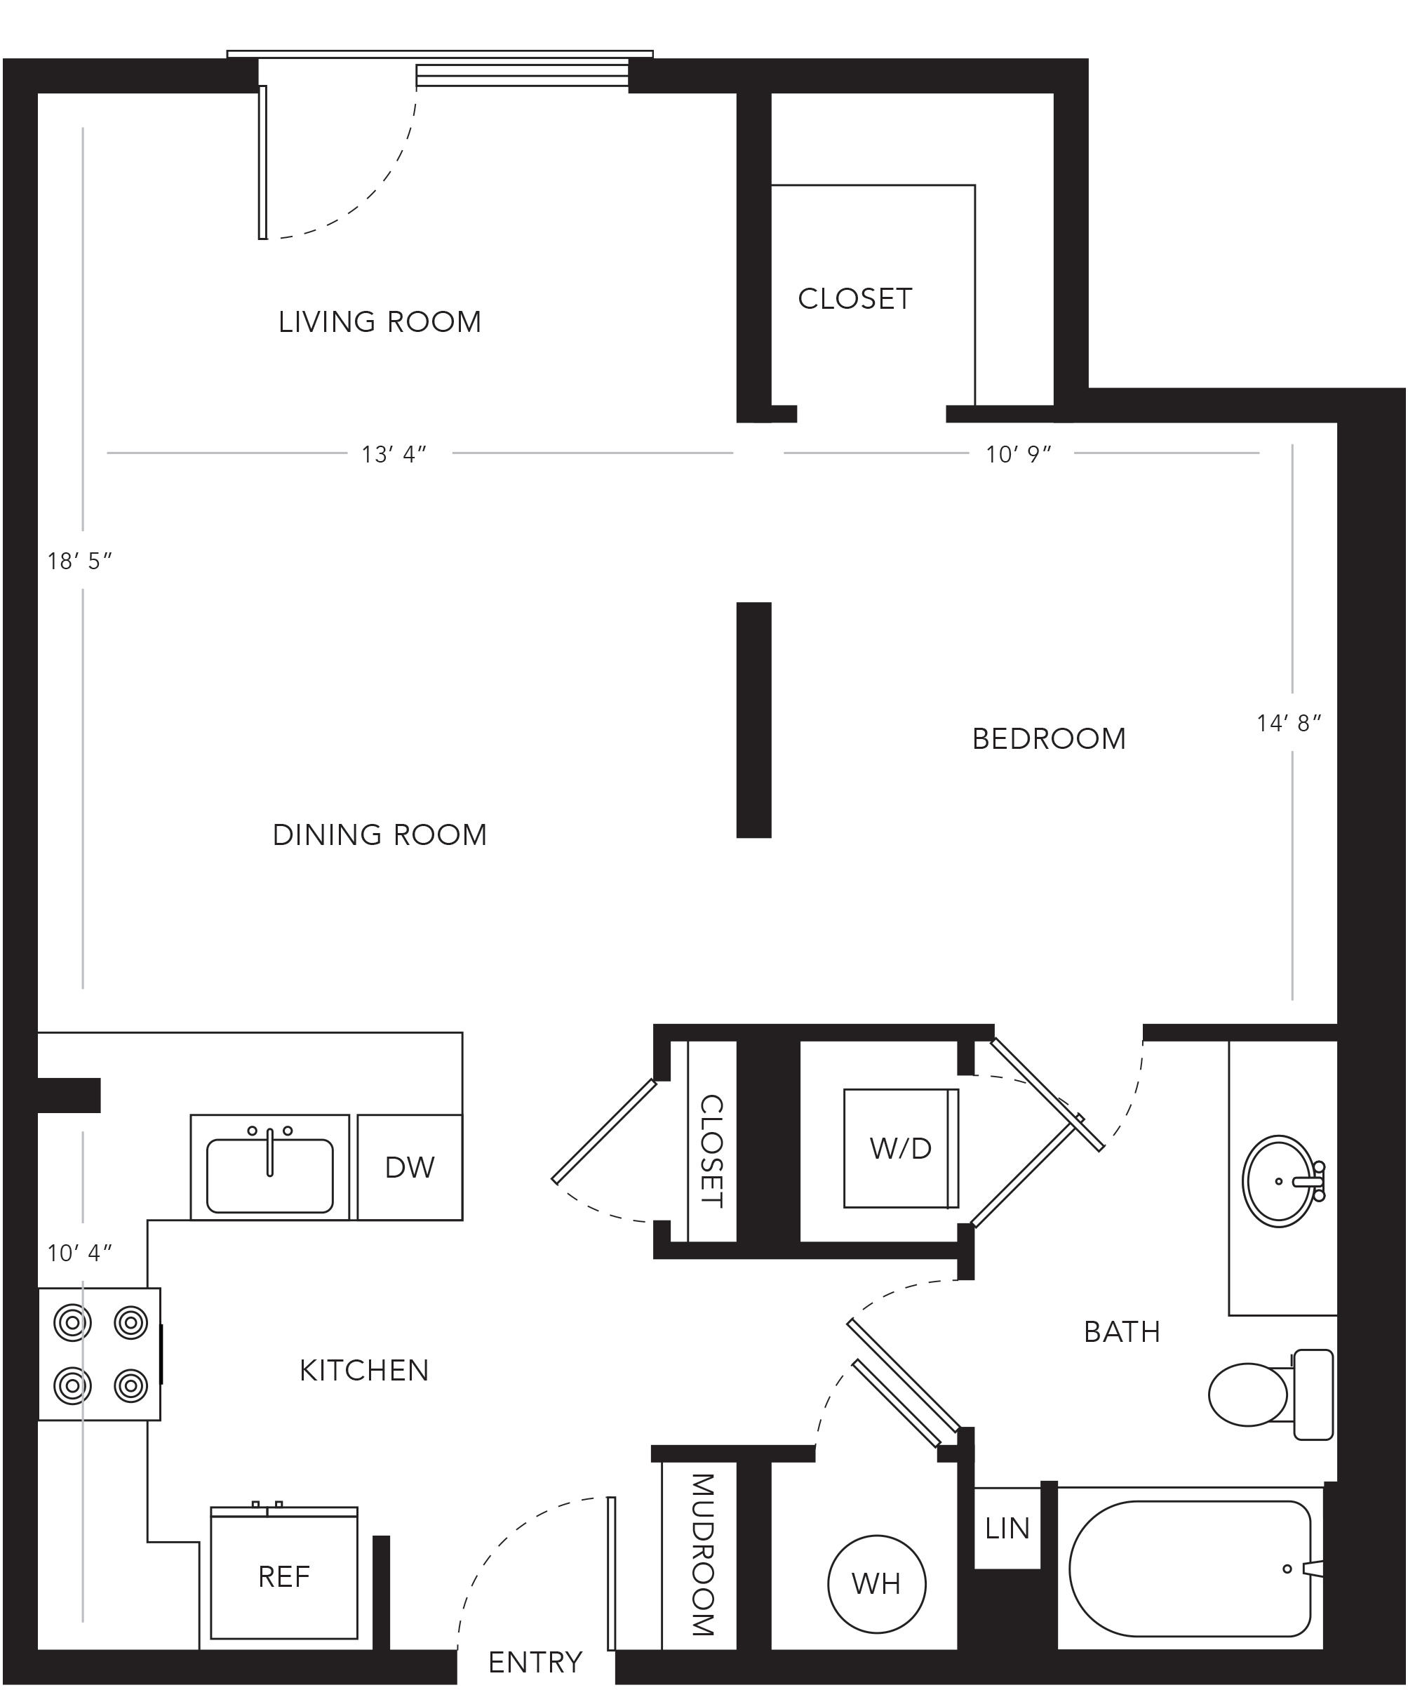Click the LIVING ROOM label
pos(380,322)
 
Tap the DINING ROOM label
pos(380,834)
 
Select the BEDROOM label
pos(1050,739)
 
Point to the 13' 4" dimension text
pos(394,455)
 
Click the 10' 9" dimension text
pos(1019,455)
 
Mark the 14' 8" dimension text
pos(1289,724)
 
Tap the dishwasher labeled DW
pos(410,1167)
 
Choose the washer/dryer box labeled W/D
pos(901,1148)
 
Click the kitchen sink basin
pos(269,1176)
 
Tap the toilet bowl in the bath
pos(1249,1395)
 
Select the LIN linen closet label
pos(1007,1529)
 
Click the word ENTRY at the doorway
pos(535,1663)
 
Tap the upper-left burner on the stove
pos(72,1322)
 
